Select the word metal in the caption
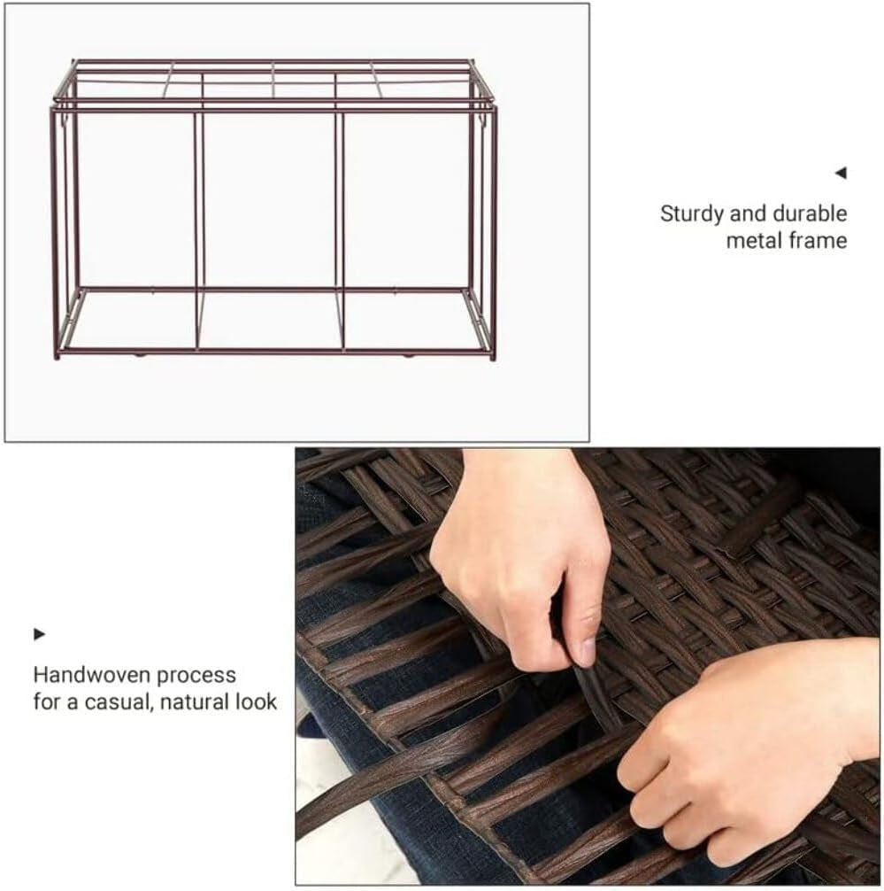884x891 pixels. click(x=753, y=240)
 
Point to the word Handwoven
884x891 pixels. click(x=93, y=675)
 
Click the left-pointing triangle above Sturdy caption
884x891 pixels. click(x=841, y=173)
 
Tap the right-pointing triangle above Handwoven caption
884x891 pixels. click(x=39, y=634)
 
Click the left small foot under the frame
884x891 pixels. click(x=138, y=355)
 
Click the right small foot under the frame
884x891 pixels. click(x=408, y=356)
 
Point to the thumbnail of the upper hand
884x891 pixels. click(x=585, y=651)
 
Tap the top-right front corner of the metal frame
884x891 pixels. click(x=494, y=108)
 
